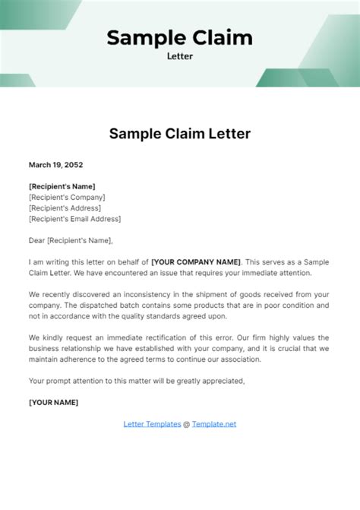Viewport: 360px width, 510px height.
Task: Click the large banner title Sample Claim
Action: (x=179, y=36)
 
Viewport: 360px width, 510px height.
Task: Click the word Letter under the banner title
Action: (x=179, y=55)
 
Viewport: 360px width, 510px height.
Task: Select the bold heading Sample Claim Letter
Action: (x=180, y=134)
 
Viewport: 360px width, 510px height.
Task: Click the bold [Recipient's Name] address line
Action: (x=62, y=186)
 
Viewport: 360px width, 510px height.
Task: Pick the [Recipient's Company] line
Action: (x=67, y=197)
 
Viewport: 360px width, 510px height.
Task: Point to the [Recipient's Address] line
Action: (x=65, y=207)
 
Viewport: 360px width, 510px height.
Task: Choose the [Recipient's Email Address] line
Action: (x=74, y=219)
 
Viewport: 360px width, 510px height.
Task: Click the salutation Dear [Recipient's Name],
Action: (x=70, y=241)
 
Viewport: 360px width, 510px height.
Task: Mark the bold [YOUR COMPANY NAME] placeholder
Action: (x=196, y=262)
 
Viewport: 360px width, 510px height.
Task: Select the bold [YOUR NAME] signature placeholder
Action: (x=53, y=402)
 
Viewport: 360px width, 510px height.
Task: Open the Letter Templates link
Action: (x=152, y=424)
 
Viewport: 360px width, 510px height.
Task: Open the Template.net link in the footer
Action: (x=214, y=424)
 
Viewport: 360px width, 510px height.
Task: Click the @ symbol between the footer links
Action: (x=187, y=424)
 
